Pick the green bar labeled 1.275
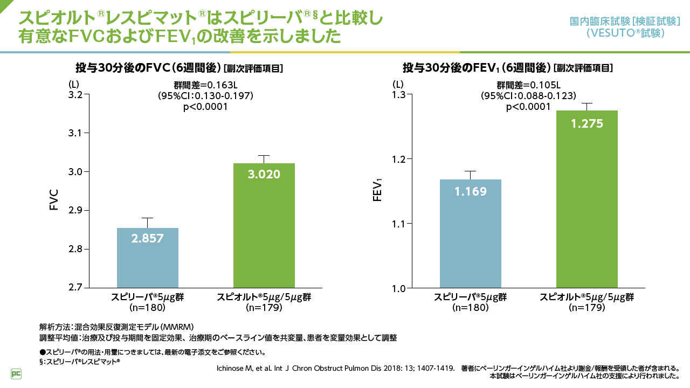coord(587,199)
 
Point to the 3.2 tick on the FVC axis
coord(79,95)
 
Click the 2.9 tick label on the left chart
coord(79,211)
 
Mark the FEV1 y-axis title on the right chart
coord(378,192)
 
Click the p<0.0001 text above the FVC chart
coord(205,107)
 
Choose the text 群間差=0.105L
coord(528,85)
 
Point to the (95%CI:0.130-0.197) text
coord(205,96)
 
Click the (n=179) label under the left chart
coord(264,308)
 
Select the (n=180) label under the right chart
coord(471,308)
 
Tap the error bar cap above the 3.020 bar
coord(264,155)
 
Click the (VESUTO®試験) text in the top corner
coord(625,33)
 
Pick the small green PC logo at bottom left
coord(16,373)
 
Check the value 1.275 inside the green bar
coord(587,124)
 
